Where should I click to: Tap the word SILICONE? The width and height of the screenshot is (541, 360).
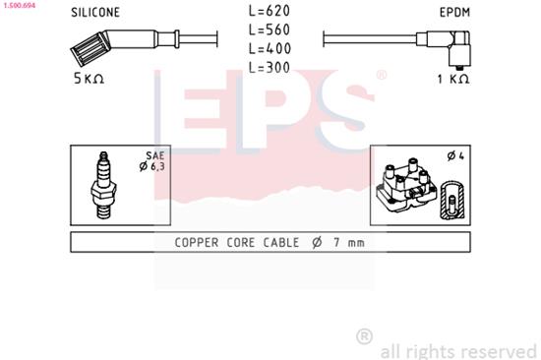click(95, 14)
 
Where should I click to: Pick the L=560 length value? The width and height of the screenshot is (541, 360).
click(269, 30)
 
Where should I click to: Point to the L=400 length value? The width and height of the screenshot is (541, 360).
click(269, 48)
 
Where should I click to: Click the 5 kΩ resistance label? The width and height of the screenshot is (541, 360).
click(90, 78)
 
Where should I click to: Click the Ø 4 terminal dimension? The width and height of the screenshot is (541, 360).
click(454, 156)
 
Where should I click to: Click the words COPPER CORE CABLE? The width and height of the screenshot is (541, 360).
click(233, 242)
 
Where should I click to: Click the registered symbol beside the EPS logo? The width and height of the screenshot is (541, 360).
click(382, 74)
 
